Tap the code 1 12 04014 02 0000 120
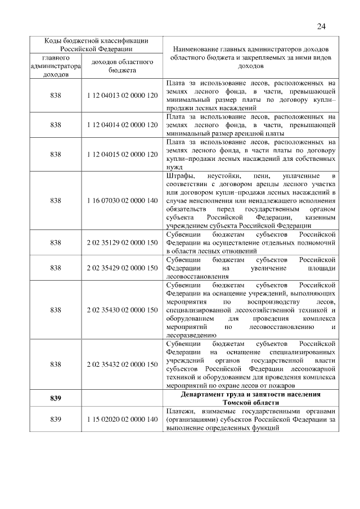(122, 125)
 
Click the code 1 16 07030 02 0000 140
(122, 200)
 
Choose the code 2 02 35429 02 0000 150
(122, 268)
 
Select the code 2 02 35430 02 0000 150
(122, 310)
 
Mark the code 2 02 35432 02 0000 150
(122, 364)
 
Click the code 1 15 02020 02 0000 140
(122, 419)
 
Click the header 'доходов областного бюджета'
(122, 66)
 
